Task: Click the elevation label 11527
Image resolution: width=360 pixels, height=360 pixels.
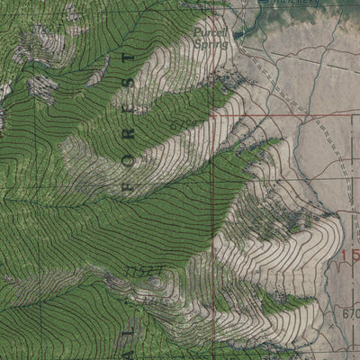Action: pyautogui.click(x=141, y=269)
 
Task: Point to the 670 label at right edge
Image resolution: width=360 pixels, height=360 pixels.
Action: pyautogui.click(x=351, y=314)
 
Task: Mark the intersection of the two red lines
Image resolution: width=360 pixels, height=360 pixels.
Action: pyautogui.click(x=212, y=116)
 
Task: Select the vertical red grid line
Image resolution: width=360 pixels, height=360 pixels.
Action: pyautogui.click(x=212, y=225)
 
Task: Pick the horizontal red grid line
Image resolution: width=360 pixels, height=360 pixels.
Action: pyautogui.click(x=288, y=116)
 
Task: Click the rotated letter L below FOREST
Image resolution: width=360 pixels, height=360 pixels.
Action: pyautogui.click(x=10, y=340)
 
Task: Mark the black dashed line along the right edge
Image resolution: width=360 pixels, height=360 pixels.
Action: pyautogui.click(x=340, y=180)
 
